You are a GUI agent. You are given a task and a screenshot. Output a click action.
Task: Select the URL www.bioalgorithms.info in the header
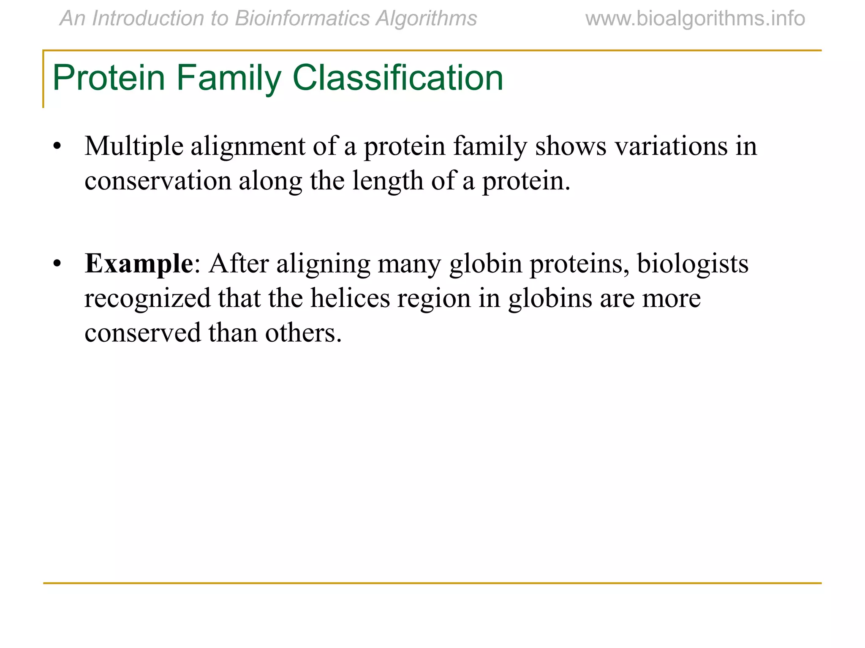click(x=695, y=19)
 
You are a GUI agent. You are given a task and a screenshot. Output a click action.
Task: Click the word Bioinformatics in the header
click(x=302, y=19)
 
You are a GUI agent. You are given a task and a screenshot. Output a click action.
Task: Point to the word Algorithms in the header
click(x=427, y=19)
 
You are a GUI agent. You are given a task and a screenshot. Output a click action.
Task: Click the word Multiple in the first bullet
click(x=134, y=146)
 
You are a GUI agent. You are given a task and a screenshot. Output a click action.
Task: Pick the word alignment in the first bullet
click(x=248, y=146)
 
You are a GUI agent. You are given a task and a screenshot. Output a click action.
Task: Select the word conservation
click(x=158, y=181)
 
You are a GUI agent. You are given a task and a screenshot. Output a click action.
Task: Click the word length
click(x=387, y=181)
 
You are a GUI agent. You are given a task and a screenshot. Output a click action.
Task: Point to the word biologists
click(x=693, y=264)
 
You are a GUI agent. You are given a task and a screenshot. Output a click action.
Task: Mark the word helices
click(x=350, y=298)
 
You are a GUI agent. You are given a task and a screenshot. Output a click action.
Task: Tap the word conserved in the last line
click(x=142, y=333)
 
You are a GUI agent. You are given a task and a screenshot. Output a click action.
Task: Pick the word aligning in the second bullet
click(x=323, y=264)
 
